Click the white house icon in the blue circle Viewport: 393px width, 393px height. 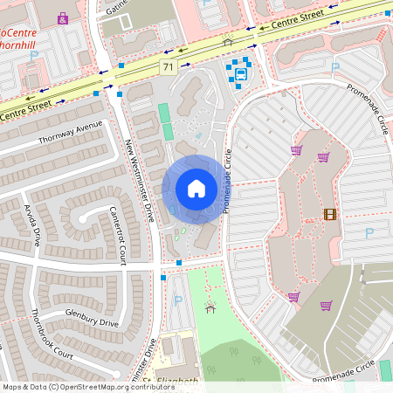coord(196,189)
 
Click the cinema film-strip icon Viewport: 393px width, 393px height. coord(329,214)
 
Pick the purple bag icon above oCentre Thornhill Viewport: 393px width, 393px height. coord(63,17)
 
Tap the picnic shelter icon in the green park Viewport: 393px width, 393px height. coord(210,307)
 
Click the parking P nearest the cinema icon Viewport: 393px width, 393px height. coord(369,233)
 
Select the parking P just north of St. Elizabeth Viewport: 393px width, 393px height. coord(179,300)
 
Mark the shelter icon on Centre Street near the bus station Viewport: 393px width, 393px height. coord(228,41)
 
